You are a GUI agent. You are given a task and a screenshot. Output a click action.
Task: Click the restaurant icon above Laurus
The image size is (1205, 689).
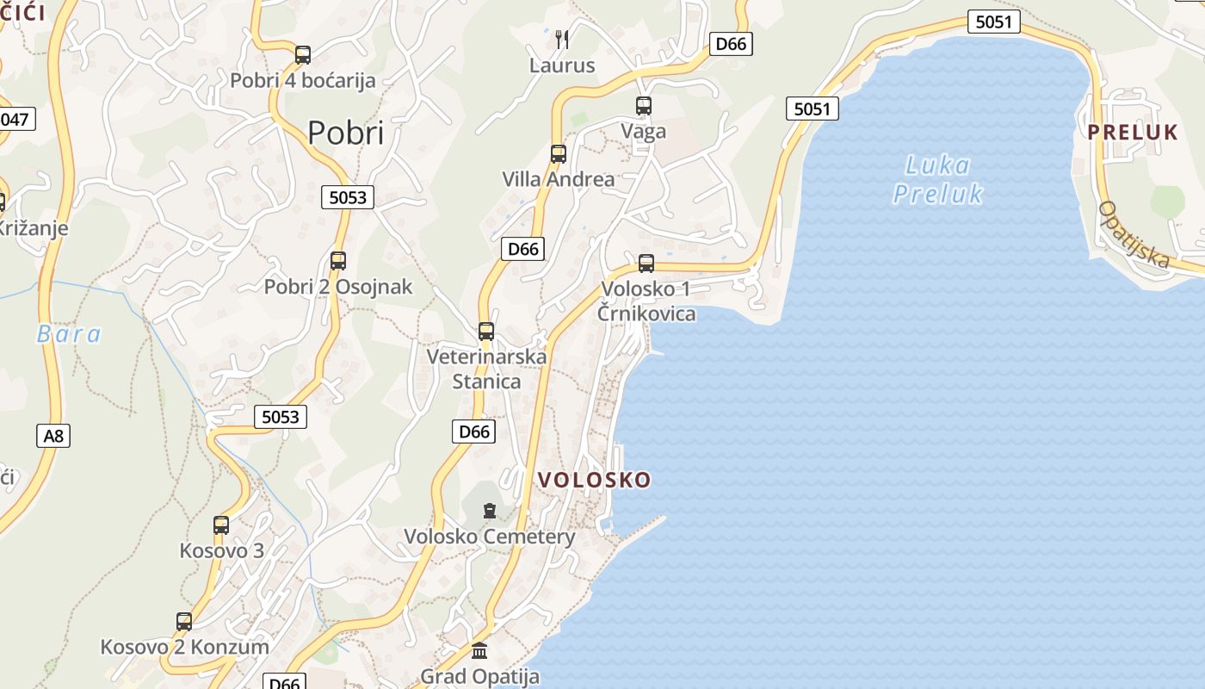pyautogui.click(x=562, y=39)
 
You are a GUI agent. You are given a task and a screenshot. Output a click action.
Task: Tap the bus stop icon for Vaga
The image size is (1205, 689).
pyautogui.click(x=644, y=106)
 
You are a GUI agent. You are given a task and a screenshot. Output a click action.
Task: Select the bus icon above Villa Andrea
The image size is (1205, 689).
pyautogui.click(x=559, y=154)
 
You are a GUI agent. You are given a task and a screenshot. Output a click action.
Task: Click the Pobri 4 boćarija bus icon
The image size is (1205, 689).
pyautogui.click(x=303, y=55)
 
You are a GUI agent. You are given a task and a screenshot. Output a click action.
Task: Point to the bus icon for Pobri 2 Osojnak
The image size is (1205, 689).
pyautogui.click(x=338, y=261)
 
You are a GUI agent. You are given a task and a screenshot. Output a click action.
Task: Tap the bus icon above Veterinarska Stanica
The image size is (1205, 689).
pyautogui.click(x=486, y=332)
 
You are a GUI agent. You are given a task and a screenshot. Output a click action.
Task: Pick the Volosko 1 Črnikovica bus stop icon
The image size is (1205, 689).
pyautogui.click(x=646, y=264)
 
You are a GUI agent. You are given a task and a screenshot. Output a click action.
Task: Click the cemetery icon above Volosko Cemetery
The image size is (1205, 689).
pyautogui.click(x=490, y=511)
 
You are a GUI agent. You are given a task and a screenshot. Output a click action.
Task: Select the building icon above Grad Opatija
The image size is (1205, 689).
pyautogui.click(x=479, y=650)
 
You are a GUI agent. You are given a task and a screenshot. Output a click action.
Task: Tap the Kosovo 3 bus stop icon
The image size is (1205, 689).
pyautogui.click(x=221, y=525)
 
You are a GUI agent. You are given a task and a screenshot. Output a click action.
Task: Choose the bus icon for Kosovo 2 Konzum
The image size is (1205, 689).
pyautogui.click(x=184, y=622)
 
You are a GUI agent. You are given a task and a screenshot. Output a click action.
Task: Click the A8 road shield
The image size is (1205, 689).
pyautogui.click(x=53, y=436)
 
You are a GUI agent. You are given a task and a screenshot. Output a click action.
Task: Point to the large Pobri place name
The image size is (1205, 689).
pyautogui.click(x=345, y=133)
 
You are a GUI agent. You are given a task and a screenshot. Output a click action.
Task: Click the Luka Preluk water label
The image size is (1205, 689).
pyautogui.click(x=937, y=179)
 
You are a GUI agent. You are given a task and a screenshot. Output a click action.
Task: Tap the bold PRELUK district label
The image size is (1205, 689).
pyautogui.click(x=1133, y=133)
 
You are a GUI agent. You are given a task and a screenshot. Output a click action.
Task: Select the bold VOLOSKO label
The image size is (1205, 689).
pyautogui.click(x=595, y=481)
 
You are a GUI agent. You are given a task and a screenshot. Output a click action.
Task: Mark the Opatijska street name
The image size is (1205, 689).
pyautogui.click(x=1135, y=234)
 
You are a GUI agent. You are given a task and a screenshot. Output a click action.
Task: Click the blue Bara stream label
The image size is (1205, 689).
pyautogui.click(x=69, y=334)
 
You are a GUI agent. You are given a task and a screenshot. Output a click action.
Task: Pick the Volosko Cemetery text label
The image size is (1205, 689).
pyautogui.click(x=490, y=537)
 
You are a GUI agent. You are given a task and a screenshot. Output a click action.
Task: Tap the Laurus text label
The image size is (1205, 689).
pyautogui.click(x=562, y=65)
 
